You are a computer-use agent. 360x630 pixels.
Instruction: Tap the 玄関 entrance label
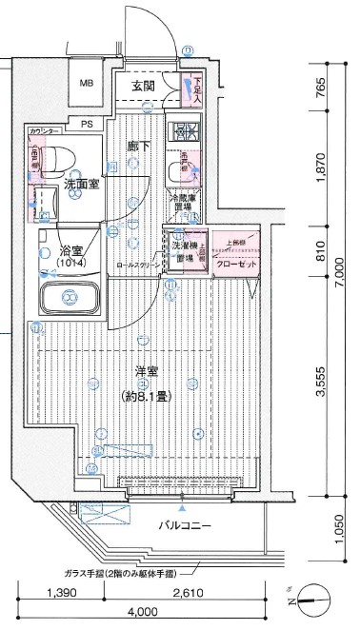coord(143,87)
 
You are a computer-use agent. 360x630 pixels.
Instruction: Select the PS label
coord(87,124)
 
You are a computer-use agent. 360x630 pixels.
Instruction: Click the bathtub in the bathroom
coord(69,297)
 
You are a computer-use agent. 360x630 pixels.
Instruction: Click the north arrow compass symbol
coord(310,598)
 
